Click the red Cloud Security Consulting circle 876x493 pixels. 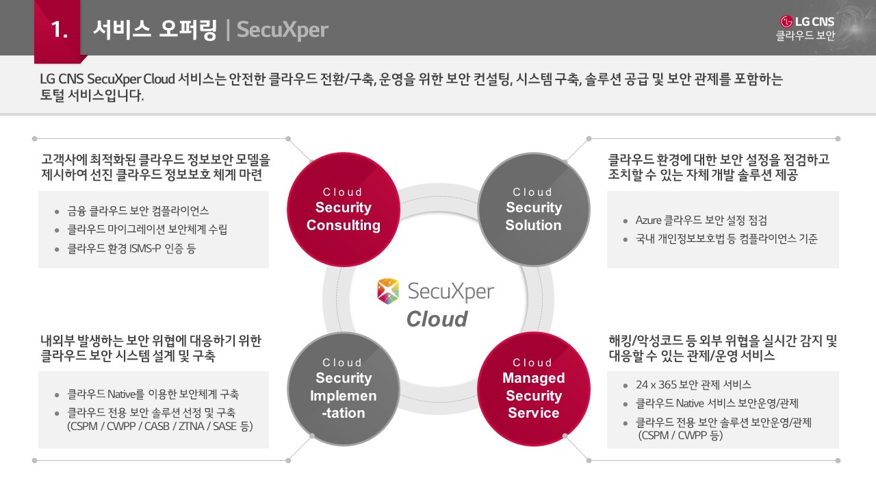(x=344, y=208)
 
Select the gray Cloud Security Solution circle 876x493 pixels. (x=533, y=208)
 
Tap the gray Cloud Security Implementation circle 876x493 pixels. (x=344, y=388)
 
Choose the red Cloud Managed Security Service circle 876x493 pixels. (x=533, y=388)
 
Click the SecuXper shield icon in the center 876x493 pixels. (x=388, y=291)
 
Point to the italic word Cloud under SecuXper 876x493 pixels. (x=437, y=319)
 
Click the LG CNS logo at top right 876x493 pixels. (x=808, y=21)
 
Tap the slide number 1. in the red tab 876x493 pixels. (x=60, y=29)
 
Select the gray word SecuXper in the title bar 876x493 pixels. (x=282, y=30)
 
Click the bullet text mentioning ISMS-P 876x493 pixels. (x=131, y=249)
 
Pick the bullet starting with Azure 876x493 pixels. (x=701, y=220)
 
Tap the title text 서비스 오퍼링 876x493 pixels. (x=154, y=29)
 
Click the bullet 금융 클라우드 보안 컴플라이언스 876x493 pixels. (x=138, y=211)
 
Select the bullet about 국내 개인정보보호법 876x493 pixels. (x=726, y=240)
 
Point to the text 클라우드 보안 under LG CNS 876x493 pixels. (x=805, y=36)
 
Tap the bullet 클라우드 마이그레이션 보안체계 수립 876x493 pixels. (x=147, y=230)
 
